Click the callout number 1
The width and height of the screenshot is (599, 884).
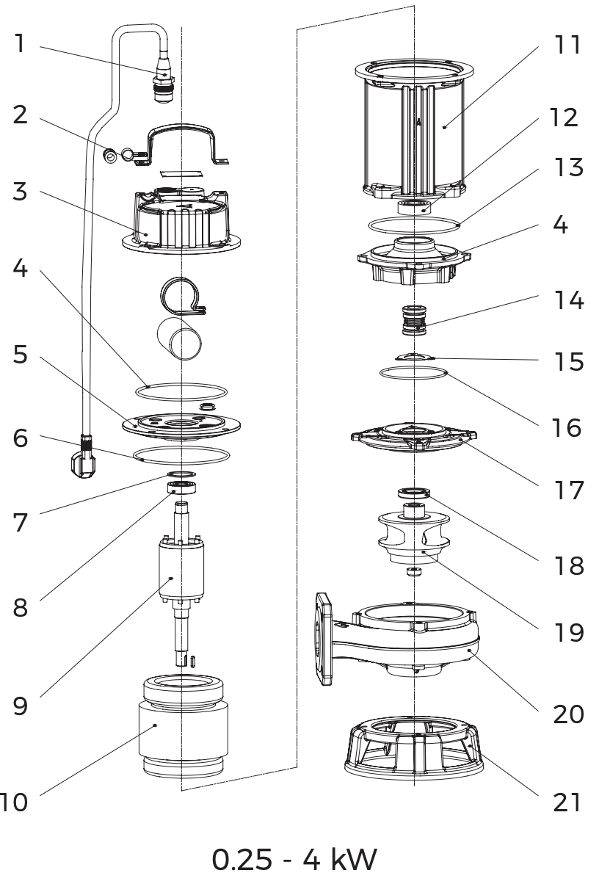[20, 44]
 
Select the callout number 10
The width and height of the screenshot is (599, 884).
[14, 802]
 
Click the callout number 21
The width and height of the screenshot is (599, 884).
[568, 802]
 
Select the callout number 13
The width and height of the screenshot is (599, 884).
[568, 167]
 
